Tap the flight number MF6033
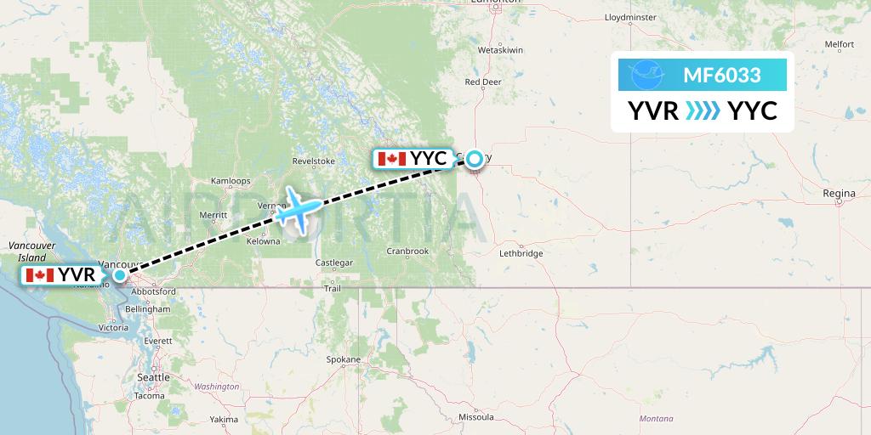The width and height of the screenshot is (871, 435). tap(721, 76)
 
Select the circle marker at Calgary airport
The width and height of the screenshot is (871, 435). tap(475, 158)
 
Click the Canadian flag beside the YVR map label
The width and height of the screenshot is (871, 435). tap(41, 274)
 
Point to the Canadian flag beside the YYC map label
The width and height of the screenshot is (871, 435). tap(391, 158)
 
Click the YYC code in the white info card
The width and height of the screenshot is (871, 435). tap(753, 111)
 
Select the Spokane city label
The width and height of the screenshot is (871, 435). tap(344, 359)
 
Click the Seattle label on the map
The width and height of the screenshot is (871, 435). tap(153, 376)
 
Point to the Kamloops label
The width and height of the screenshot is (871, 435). tap(231, 181)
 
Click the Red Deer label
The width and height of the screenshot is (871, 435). tap(483, 82)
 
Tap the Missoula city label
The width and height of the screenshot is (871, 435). tap(476, 417)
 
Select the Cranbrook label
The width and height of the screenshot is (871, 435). tap(407, 251)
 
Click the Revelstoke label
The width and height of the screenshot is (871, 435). tap(314, 161)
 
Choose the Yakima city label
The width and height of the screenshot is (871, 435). tap(225, 420)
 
